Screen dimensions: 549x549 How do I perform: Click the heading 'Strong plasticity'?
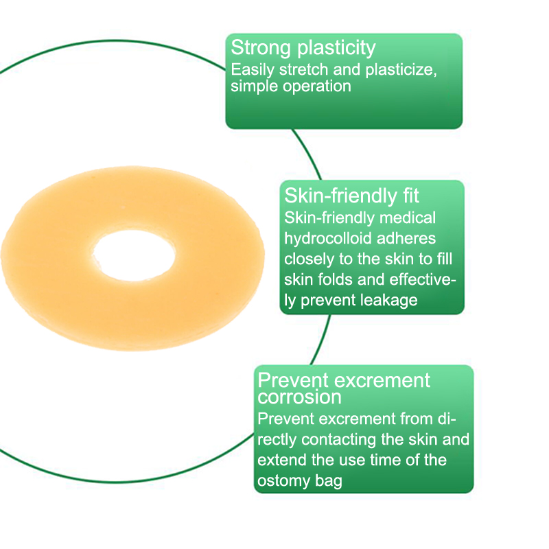tap(303, 48)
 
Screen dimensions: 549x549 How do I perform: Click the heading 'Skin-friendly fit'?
tap(351, 196)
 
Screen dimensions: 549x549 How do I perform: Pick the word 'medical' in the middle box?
tap(408, 218)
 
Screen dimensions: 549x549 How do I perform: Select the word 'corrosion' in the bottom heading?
tap(299, 397)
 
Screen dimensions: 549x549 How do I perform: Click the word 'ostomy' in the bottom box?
tap(283, 481)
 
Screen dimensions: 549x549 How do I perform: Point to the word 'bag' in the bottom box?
tap(329, 482)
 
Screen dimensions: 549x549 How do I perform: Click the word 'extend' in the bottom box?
tap(282, 460)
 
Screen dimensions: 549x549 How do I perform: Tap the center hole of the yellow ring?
tap(135, 255)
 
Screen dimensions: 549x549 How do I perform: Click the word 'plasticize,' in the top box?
tap(401, 70)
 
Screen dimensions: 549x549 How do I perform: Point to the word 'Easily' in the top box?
tap(253, 70)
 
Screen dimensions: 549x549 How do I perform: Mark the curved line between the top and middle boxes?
tap(307, 153)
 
